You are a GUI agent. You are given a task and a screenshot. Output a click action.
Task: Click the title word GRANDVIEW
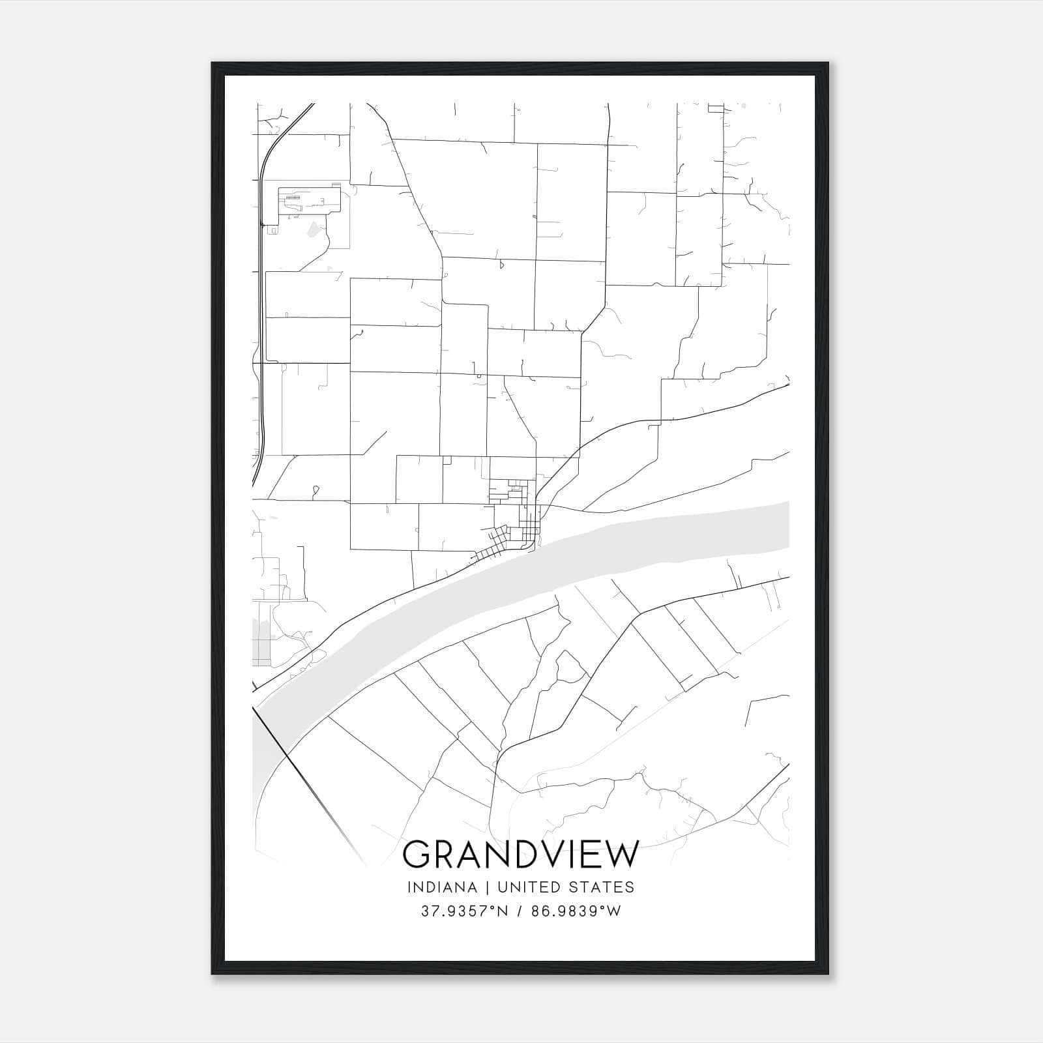point(521,855)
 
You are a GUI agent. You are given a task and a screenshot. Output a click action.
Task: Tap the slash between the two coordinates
point(519,911)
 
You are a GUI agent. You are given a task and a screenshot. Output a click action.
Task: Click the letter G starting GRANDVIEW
point(418,855)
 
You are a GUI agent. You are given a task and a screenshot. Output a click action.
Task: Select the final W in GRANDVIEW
point(621,855)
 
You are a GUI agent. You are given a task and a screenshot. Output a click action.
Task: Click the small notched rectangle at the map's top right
point(716,108)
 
